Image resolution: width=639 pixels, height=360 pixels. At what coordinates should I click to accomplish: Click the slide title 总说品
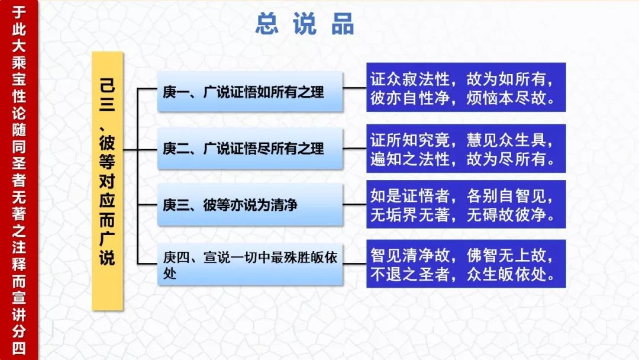click(305, 24)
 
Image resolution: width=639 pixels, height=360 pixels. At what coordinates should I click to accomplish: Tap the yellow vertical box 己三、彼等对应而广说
click(107, 181)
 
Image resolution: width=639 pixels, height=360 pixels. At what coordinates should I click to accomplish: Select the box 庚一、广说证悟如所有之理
click(250, 92)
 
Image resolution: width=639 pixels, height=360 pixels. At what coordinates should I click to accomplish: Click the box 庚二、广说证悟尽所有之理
click(250, 149)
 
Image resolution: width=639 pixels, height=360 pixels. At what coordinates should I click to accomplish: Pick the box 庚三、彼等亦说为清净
click(250, 205)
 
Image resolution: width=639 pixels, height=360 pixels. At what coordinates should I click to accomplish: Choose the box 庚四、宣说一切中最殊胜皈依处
click(250, 264)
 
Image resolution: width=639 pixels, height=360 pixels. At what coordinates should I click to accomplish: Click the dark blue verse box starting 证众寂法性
click(466, 87)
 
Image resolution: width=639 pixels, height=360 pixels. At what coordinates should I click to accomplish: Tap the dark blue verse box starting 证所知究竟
click(466, 149)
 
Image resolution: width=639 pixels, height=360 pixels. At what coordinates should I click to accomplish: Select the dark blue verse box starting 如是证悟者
click(466, 204)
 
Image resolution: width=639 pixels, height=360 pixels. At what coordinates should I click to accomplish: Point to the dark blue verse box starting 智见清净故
click(466, 263)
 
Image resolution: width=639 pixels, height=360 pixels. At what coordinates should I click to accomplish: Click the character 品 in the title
click(343, 24)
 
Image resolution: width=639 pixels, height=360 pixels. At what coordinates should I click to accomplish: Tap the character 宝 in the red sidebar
click(19, 79)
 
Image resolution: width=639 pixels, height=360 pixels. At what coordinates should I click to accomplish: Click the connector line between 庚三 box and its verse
click(354, 204)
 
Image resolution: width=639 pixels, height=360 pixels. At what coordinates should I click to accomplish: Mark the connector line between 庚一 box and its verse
click(354, 88)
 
